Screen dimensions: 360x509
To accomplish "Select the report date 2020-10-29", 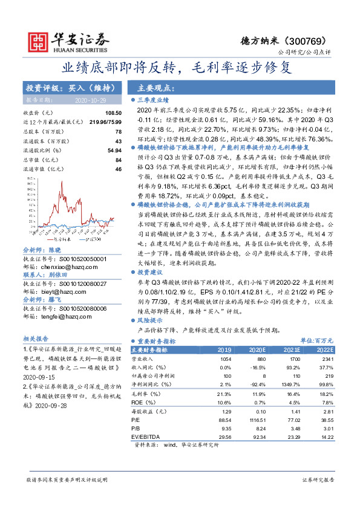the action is (90, 99).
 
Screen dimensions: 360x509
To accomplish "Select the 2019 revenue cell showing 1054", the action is (224, 358).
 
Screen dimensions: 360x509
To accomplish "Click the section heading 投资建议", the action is (151, 273).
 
